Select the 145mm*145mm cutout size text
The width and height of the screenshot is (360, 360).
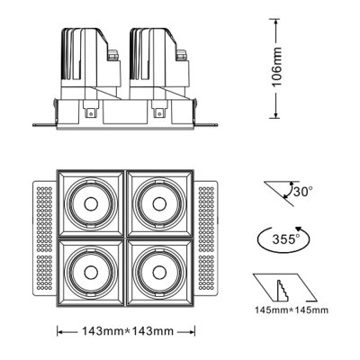[291, 312]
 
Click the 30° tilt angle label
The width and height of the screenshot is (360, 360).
[301, 191]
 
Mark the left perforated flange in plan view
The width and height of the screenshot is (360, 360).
[44, 238]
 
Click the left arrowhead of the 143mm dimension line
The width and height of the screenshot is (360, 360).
[61, 332]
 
